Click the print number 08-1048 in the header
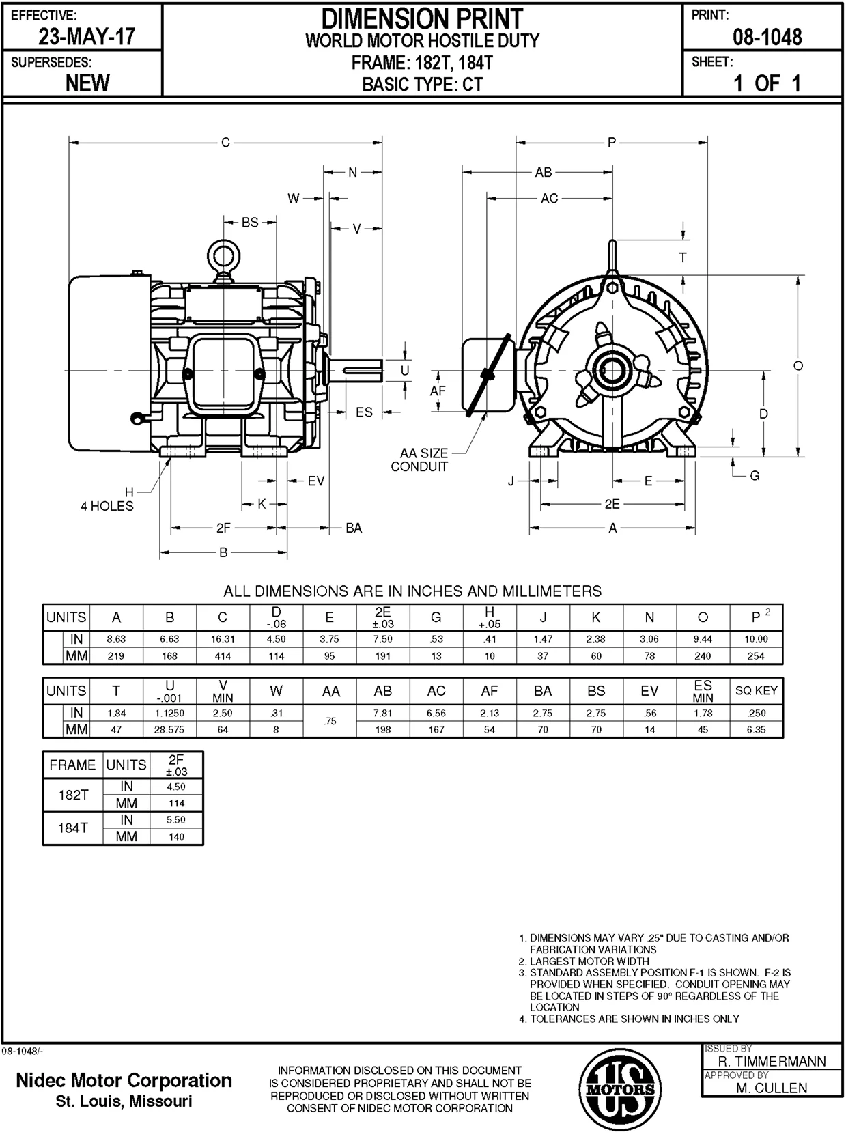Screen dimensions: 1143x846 pos(767,37)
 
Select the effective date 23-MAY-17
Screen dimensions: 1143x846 pos(87,36)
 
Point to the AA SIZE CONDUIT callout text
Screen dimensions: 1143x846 pos(420,460)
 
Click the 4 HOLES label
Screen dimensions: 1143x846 pos(107,506)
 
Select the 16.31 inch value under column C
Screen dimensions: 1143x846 pos(223,639)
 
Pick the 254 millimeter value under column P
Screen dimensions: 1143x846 pos(756,656)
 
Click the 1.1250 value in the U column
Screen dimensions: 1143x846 pos(169,713)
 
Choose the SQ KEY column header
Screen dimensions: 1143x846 pos(756,690)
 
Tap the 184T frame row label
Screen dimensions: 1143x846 pos(72,828)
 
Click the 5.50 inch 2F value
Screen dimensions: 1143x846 pos(176,820)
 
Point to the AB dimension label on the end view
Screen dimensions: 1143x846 pos(544,173)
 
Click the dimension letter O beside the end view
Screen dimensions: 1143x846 pos(798,366)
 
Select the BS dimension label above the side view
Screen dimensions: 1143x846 pos(250,223)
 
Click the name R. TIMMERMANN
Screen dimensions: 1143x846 pos(772,1062)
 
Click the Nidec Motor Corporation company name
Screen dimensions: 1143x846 pos(124,1081)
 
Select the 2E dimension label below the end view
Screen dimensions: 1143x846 pos(612,505)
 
